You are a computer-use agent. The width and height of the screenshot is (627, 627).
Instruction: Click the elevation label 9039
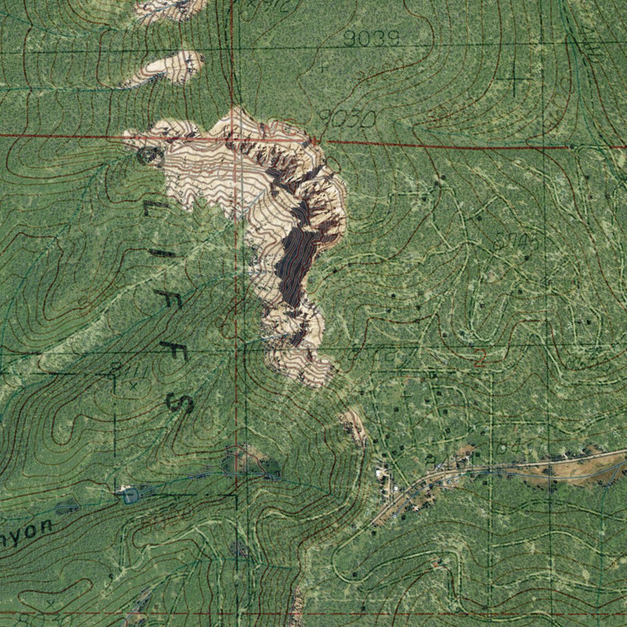pos(371,39)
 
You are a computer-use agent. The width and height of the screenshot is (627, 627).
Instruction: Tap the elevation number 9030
pos(347,119)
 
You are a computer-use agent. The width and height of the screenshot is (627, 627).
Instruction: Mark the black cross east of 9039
pos(513,78)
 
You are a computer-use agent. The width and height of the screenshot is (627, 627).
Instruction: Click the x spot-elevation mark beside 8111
pos(133,386)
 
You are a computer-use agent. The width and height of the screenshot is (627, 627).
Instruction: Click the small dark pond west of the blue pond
pos(67,506)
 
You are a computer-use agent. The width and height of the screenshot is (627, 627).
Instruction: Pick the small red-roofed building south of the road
pos(435,565)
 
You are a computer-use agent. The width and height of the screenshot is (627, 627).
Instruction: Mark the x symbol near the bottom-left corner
pos(50,603)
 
